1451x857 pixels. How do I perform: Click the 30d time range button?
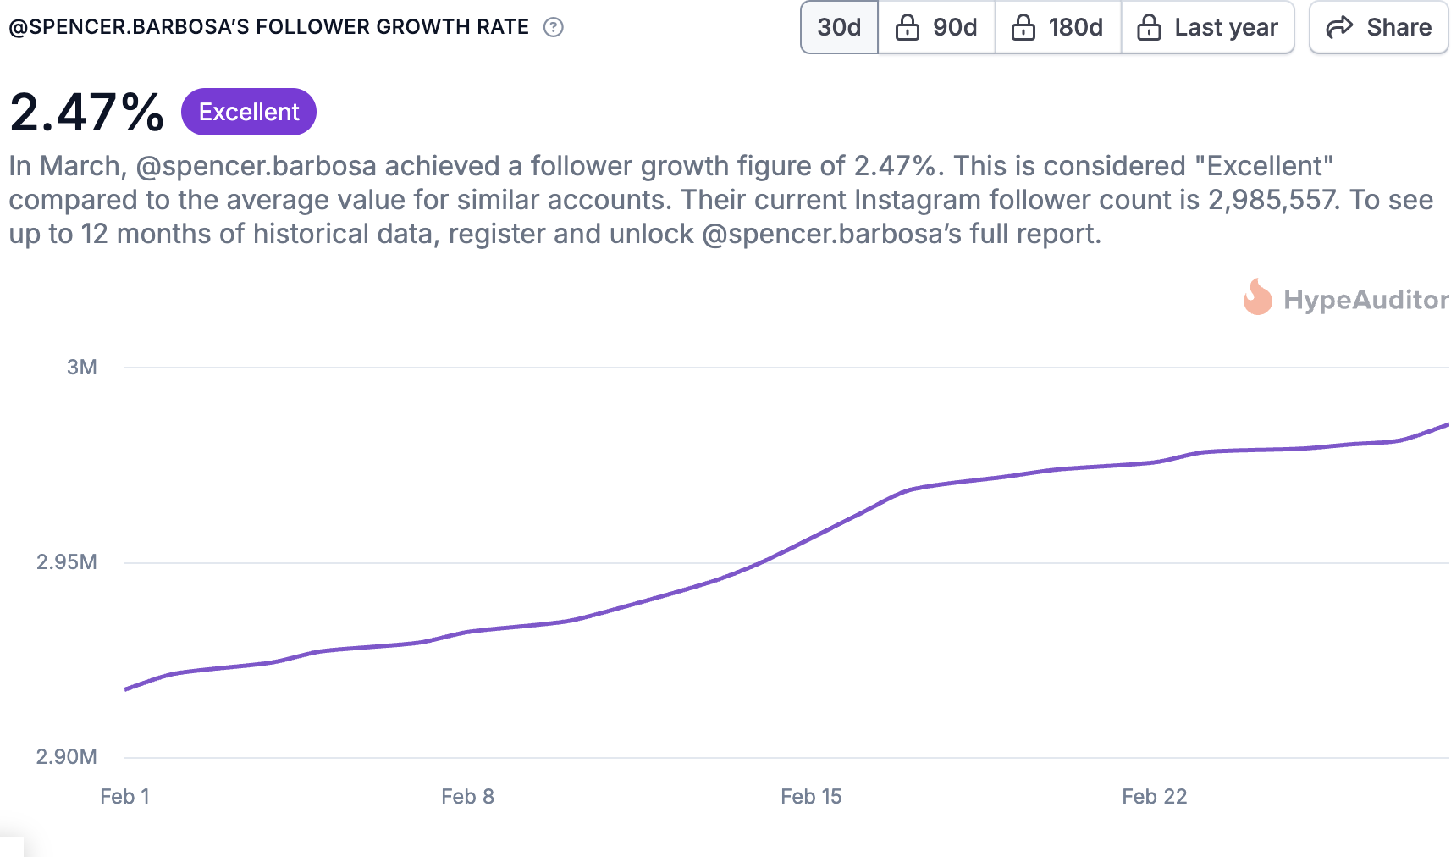[839, 28]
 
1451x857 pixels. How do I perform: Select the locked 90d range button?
[936, 28]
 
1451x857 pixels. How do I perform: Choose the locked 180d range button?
[1057, 28]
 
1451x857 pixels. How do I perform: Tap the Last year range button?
[1207, 28]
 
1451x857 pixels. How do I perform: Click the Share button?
[1378, 28]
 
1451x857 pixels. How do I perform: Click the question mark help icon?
[554, 27]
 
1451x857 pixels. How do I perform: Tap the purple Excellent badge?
[249, 112]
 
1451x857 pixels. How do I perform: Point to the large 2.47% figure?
[87, 112]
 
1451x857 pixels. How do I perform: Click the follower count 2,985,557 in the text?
[1273, 200]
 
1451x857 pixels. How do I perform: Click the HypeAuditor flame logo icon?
[1257, 298]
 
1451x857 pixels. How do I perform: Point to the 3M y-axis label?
[82, 367]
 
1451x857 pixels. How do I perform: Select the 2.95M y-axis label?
[67, 561]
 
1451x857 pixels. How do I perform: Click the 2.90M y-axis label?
[67, 756]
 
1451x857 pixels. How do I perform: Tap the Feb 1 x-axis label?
[124, 796]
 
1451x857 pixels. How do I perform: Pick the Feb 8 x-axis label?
[467, 796]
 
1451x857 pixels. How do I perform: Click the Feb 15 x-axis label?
[811, 796]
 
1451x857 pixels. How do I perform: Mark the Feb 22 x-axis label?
[1154, 796]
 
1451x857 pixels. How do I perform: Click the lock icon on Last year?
[1149, 28]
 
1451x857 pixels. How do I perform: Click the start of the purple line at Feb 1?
[126, 689]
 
